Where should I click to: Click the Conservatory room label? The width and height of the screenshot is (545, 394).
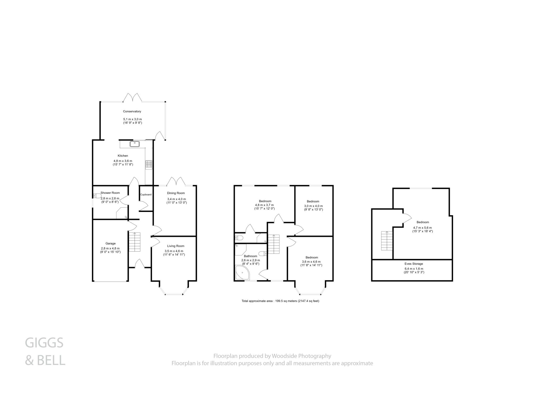[132, 111]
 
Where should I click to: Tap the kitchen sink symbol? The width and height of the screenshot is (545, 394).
[135, 144]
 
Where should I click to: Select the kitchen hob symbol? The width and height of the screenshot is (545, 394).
[149, 165]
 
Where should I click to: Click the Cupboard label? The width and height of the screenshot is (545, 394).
[146, 195]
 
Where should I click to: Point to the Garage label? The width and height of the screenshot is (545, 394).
[110, 243]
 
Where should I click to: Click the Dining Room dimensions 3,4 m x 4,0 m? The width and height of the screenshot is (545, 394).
[176, 199]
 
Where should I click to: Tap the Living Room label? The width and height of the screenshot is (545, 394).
[176, 246]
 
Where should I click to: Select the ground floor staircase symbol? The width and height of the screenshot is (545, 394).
[134, 242]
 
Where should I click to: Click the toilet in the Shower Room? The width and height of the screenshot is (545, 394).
[97, 196]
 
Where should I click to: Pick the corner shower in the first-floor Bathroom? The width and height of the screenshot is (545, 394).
[242, 273]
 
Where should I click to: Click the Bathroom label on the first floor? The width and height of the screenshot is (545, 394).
[250, 256]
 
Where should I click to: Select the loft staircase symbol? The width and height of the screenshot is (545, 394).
[387, 241]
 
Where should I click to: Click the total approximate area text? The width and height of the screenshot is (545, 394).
[280, 301]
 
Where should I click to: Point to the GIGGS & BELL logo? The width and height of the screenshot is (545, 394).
[45, 351]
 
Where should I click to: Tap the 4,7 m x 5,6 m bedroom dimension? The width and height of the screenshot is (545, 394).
[422, 228]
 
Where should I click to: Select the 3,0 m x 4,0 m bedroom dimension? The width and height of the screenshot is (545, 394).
[313, 206]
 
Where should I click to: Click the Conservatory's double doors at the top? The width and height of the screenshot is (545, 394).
[132, 97]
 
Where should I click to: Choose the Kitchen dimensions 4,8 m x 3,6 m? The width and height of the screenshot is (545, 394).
[123, 161]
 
